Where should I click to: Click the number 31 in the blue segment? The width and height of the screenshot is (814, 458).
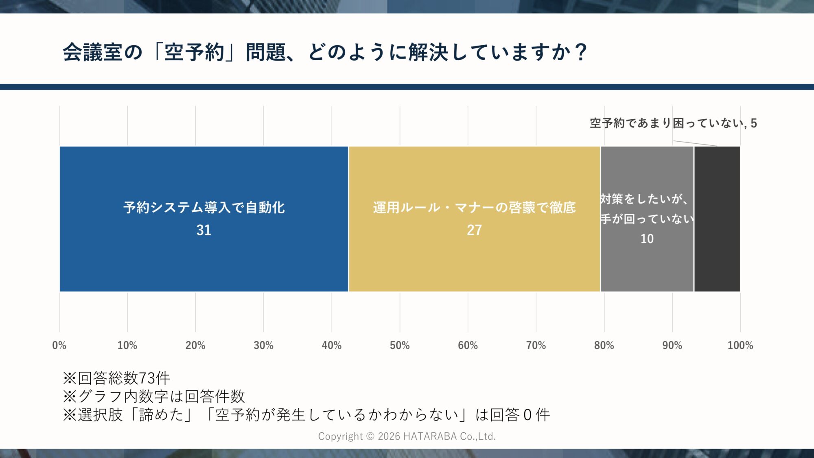(x=203, y=230)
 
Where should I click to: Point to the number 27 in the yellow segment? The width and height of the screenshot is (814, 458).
(x=474, y=230)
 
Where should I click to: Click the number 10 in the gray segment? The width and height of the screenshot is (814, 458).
(x=647, y=239)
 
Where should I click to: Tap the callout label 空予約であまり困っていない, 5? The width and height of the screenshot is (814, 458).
(x=673, y=123)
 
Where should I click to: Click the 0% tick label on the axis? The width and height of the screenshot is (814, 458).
(x=59, y=346)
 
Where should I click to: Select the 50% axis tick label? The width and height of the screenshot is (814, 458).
(x=400, y=346)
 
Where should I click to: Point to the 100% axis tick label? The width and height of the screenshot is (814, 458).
(x=740, y=346)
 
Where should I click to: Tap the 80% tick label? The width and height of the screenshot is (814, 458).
(x=604, y=346)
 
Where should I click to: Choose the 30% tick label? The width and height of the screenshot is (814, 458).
(x=263, y=346)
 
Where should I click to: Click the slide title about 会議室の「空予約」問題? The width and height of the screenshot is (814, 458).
(x=325, y=53)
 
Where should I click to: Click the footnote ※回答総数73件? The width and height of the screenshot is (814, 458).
(x=116, y=378)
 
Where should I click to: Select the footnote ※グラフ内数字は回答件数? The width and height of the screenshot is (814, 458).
(x=154, y=397)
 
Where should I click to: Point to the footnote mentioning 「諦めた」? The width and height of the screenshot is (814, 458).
(x=306, y=415)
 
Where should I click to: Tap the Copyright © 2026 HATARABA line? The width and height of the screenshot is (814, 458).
(x=407, y=436)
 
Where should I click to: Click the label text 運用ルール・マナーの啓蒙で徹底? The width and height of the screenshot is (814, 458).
(x=474, y=208)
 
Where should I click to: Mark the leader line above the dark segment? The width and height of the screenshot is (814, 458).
(x=695, y=143)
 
